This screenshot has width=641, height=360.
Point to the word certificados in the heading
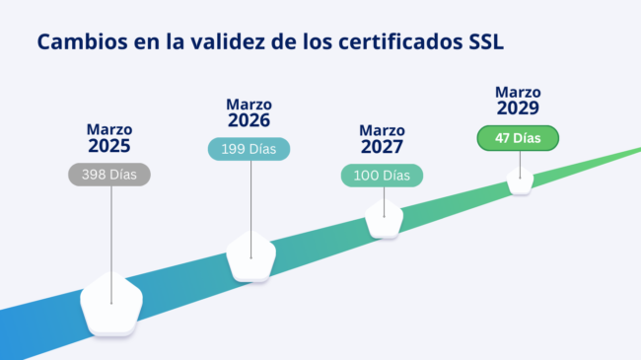point(392,42)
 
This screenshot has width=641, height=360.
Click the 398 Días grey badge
point(109,175)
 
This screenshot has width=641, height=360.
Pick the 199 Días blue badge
point(249,149)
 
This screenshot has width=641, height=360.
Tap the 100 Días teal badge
point(382,176)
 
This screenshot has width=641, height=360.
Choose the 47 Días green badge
point(518,138)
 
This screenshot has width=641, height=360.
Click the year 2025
point(109,146)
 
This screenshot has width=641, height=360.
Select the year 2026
point(249,120)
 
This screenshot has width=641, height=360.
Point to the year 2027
point(382,147)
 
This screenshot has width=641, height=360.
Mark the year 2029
point(518,108)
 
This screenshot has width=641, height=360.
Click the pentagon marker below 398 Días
point(110,304)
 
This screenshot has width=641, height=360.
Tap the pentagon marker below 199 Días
point(250,256)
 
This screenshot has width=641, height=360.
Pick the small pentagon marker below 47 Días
point(520,181)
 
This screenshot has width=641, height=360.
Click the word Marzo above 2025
point(109,129)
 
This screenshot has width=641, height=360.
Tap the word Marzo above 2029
point(518,92)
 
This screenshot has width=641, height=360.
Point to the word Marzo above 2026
point(249,104)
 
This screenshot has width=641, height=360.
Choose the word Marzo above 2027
point(382,130)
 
